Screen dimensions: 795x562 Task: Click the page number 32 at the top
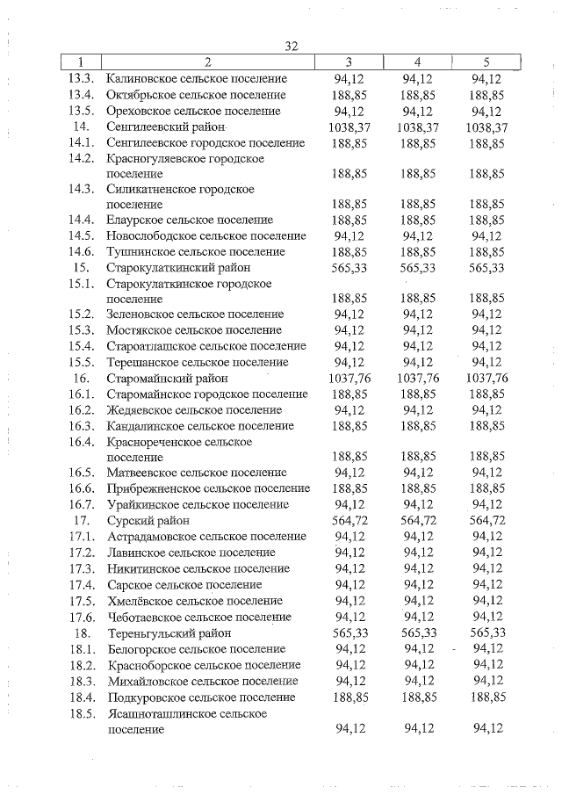tap(293, 46)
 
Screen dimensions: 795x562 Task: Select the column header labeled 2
tap(207, 61)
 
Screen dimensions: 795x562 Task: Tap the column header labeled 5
tap(486, 61)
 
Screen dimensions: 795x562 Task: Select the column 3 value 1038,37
tap(349, 126)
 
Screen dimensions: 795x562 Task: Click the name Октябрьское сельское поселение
tap(195, 95)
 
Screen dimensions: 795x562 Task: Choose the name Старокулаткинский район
tap(178, 268)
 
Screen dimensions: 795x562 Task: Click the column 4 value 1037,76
tap(418, 379)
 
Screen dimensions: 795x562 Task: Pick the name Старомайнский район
tap(167, 379)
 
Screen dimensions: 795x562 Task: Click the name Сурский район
tap(147, 521)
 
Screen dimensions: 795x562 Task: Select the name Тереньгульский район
tap(169, 632)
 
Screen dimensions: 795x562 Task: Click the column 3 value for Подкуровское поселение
tap(349, 697)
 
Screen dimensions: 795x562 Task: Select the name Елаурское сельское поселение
tap(189, 220)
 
